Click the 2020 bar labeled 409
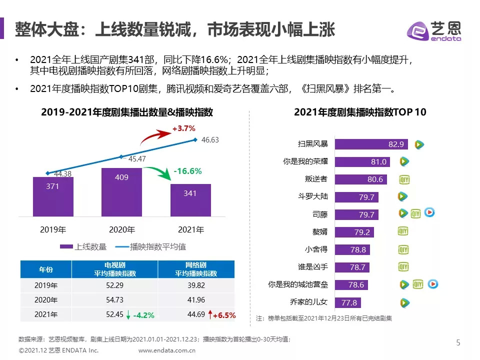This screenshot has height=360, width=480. coord(121,192)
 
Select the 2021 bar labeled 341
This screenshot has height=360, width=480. coord(190,200)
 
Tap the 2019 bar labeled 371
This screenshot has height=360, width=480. coord(53,196)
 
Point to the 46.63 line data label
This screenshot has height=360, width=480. coord(210,140)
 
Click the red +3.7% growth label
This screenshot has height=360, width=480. coord(183,128)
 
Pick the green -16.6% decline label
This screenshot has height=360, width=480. coord(187,171)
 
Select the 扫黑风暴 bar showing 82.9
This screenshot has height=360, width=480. coord(371,144)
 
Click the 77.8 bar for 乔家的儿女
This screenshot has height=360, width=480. coord(347,302)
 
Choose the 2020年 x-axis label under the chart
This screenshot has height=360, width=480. coord(122,230)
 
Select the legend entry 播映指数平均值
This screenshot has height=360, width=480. coord(150,246)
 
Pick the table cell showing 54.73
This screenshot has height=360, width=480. coord(114,300)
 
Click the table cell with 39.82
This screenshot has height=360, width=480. coord(196,286)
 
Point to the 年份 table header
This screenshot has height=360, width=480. coord(46,269)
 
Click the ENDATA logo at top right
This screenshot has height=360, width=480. coord(434,31)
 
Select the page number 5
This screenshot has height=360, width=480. coord(458,342)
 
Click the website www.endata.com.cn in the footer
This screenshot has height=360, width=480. coord(166,350)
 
